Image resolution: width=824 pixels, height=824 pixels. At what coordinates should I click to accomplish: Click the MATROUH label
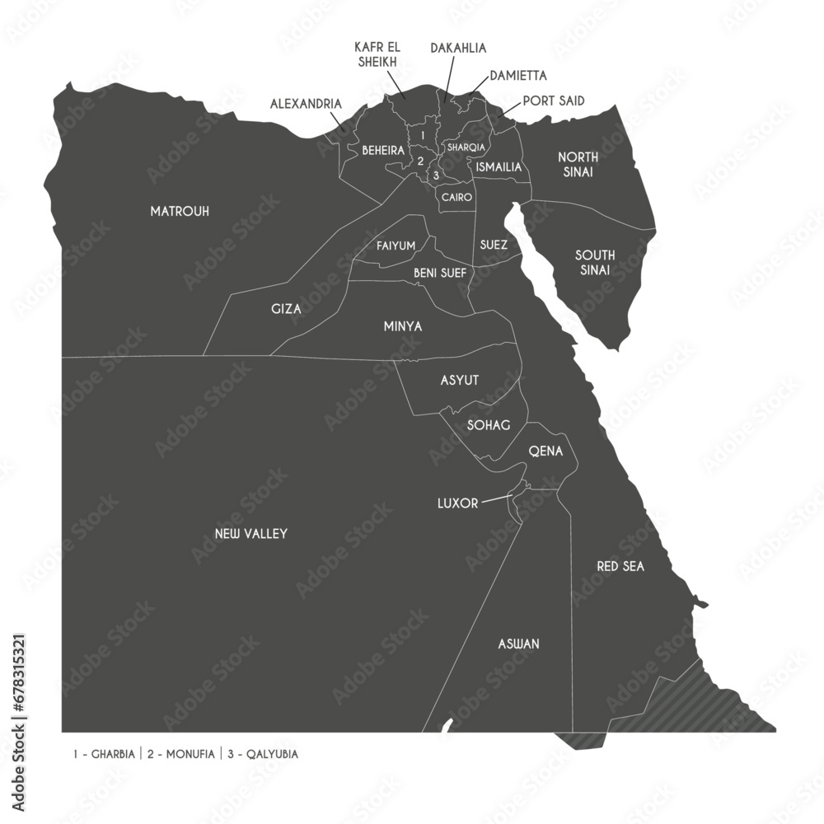180,212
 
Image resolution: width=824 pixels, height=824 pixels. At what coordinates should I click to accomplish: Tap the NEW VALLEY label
250,534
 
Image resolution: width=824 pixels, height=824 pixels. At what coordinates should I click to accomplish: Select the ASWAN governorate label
518,644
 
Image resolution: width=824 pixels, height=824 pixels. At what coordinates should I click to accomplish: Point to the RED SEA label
620,567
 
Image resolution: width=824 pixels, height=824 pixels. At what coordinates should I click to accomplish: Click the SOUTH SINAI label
594,262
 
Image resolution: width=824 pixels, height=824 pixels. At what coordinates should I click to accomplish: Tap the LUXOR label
457,503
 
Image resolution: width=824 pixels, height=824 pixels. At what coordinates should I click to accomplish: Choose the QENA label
545,452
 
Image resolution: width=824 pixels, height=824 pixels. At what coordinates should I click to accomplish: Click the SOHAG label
489,425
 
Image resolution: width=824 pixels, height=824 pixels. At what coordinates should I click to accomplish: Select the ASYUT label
460,380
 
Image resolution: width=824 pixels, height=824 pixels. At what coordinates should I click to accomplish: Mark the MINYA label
403,327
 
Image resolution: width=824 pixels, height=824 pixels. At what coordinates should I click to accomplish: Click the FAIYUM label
396,246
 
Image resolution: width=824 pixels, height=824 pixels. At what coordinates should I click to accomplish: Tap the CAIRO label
456,198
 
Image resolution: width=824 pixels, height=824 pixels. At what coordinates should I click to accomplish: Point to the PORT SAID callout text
554,101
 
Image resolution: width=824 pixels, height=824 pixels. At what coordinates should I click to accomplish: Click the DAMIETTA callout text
517,76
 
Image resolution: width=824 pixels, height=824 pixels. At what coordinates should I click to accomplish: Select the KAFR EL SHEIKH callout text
377,54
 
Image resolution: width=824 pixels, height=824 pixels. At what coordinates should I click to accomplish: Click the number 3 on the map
436,175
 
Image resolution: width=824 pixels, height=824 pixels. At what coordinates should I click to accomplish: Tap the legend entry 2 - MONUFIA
181,753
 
